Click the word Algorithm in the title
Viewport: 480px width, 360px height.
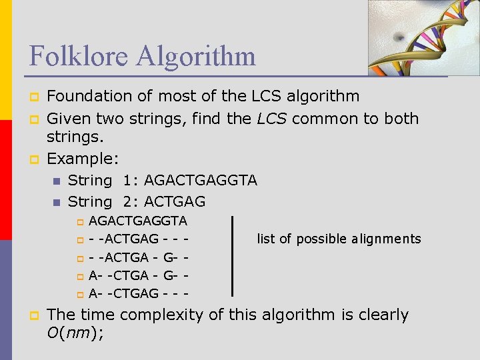(195, 55)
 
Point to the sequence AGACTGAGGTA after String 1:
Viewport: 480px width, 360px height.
(201, 180)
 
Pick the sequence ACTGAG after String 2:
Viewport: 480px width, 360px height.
(175, 201)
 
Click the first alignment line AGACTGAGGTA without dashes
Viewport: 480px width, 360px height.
(138, 221)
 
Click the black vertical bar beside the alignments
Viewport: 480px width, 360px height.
(232, 256)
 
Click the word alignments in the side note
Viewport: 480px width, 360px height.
(387, 239)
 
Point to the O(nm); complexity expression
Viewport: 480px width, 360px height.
(75, 334)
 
